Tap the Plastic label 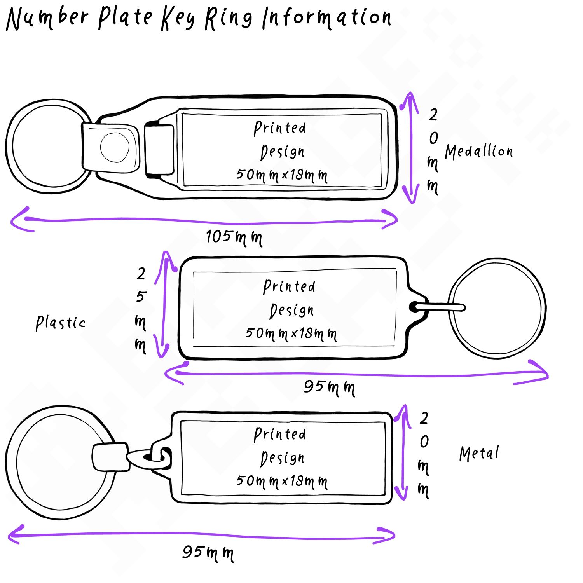tap(61, 323)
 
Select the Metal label tap(479, 454)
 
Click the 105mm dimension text tap(234, 237)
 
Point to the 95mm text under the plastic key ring tap(329, 387)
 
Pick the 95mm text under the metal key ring tap(208, 552)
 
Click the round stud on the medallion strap tap(115, 147)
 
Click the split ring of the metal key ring tap(12, 463)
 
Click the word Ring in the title tap(229, 19)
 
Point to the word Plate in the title tap(125, 18)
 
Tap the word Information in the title tap(326, 18)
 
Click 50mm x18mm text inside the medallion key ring tap(282, 175)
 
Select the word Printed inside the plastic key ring tap(289, 286)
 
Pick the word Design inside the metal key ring tap(283, 458)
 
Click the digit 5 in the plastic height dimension tap(141, 297)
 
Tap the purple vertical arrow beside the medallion tap(410, 148)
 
